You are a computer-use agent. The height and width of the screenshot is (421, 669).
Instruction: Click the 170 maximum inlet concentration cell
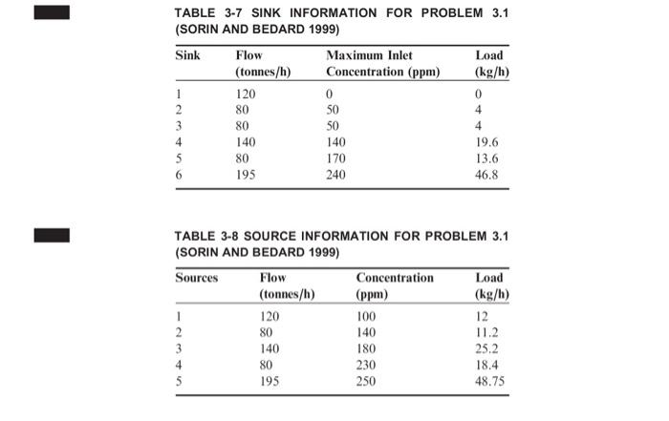click(335, 159)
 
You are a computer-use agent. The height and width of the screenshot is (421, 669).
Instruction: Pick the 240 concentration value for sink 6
click(335, 176)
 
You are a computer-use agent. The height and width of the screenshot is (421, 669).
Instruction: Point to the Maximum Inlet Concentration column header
click(381, 64)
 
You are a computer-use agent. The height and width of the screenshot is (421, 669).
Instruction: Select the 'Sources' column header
click(196, 278)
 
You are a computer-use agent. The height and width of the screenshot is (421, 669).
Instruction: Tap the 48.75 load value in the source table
click(490, 381)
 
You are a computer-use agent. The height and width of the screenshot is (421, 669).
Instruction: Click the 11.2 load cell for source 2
click(487, 331)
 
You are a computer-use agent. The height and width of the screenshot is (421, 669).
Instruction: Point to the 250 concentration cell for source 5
click(369, 381)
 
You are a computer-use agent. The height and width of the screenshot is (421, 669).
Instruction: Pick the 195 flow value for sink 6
click(247, 176)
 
